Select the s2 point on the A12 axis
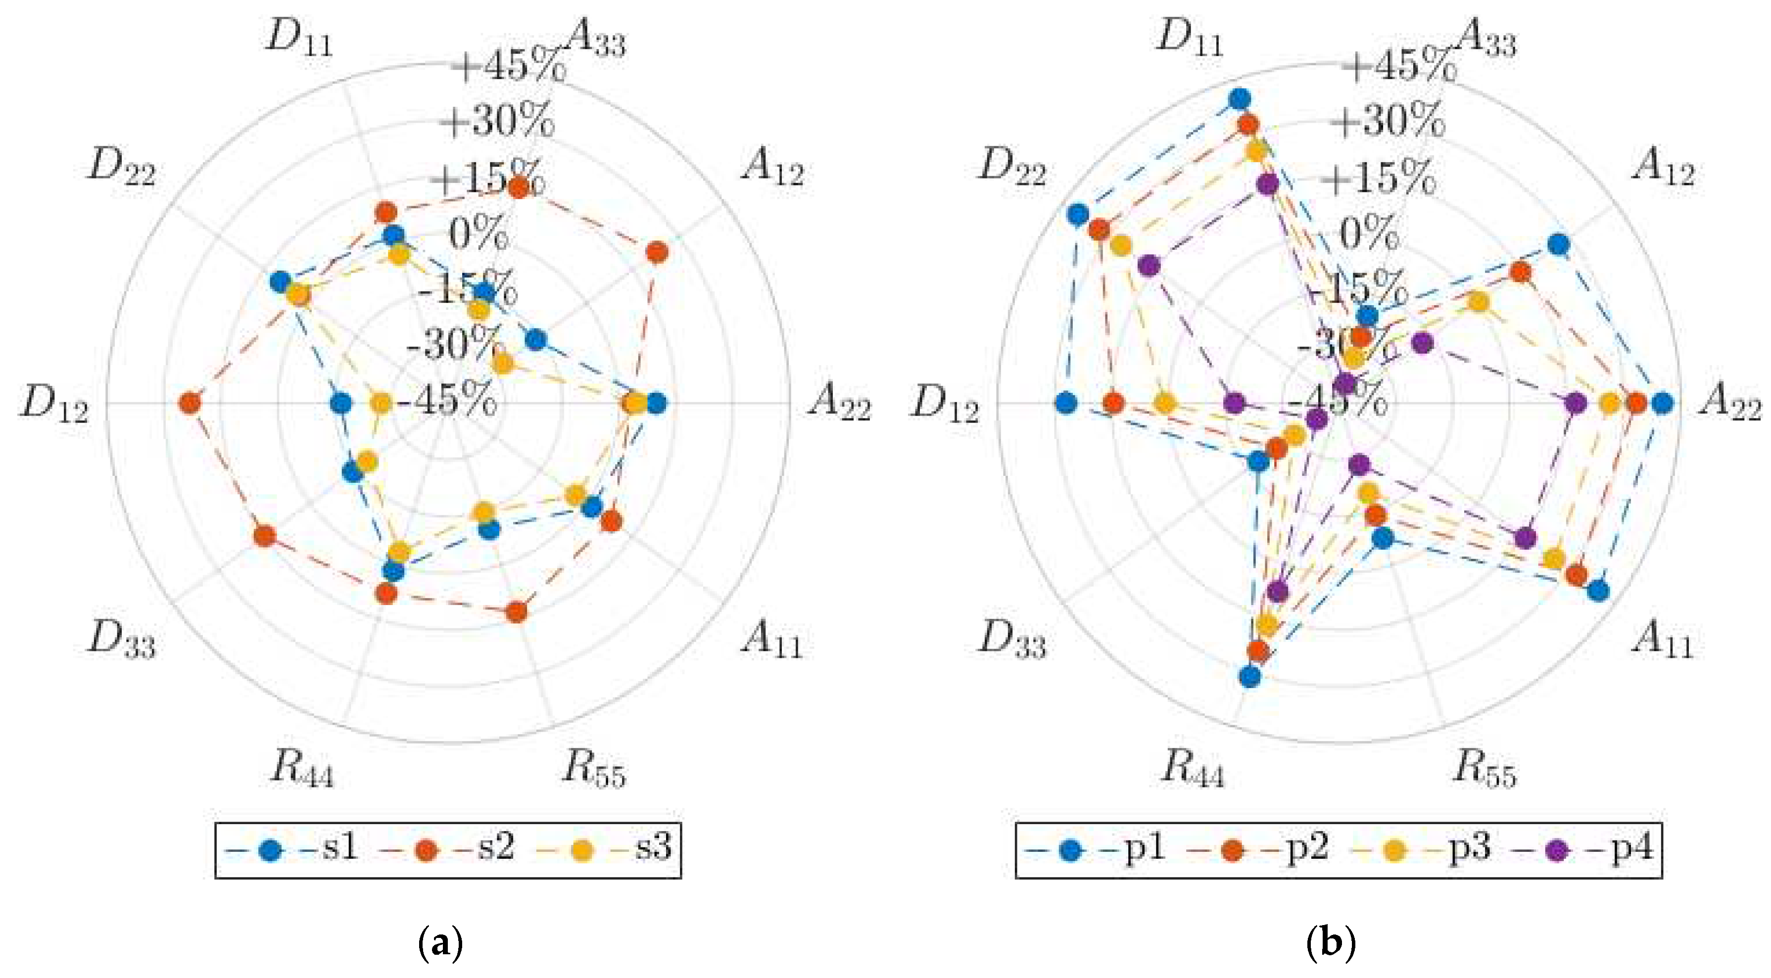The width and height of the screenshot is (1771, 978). [657, 253]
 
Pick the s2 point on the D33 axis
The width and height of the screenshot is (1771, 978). [264, 537]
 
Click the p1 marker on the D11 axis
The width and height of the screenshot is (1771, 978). [1240, 99]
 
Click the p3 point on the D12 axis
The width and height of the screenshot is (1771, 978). [1164, 404]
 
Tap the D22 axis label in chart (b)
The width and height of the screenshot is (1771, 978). [1012, 167]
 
